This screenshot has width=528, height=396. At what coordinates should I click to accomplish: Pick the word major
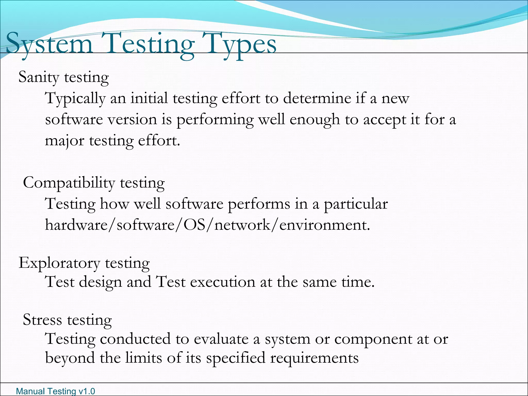pos(64,141)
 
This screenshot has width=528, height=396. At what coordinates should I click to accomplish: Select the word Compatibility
pos(69,183)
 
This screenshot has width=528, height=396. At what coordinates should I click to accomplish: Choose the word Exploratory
pos(59,263)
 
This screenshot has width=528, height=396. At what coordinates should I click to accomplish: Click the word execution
pos(222,282)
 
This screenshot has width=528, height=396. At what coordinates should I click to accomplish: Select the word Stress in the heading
pos(42,320)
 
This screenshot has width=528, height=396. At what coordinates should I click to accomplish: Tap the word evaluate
pos(221,339)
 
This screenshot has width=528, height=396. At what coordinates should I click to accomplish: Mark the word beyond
pos(70,358)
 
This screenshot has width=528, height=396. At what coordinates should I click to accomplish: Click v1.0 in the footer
pos(87,391)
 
